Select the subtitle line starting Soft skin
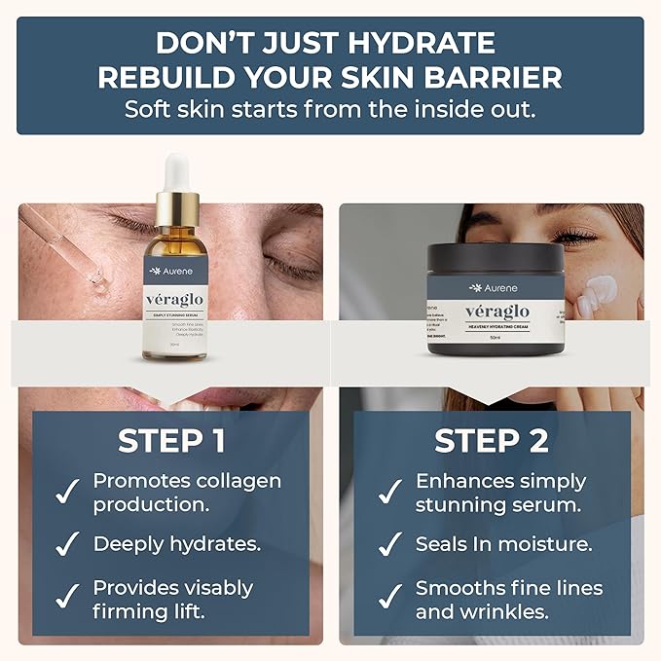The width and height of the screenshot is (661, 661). pos(330,109)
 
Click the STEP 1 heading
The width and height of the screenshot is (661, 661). pos(171,441)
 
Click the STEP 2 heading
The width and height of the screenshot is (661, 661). pos(492,441)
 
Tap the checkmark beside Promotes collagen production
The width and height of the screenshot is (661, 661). pos(68,493)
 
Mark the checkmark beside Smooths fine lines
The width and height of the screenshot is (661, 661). pos(390,600)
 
